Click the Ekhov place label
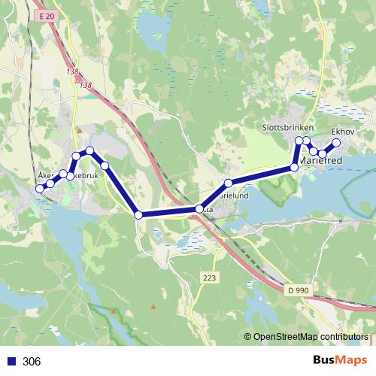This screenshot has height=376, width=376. point(343,130)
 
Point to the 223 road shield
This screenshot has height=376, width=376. point(209,278)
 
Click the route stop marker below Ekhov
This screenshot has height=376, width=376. point(336,143)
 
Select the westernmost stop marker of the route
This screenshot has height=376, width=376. point(40,189)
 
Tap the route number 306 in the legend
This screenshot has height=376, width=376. point(32,362)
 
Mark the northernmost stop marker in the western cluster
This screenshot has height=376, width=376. point(89,150)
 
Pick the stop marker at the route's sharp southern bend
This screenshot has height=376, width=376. point(138,215)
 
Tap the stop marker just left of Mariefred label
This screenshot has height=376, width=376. point(294,166)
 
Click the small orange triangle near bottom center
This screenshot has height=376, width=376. point(153,306)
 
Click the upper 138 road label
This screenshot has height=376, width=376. point(72,72)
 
